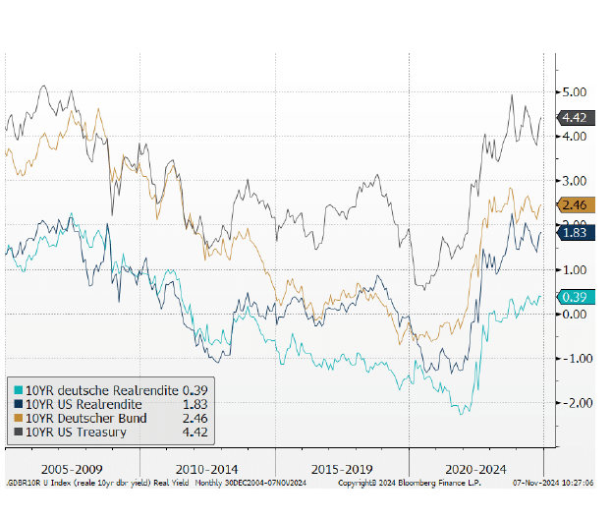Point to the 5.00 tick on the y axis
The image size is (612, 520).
[x=574, y=91]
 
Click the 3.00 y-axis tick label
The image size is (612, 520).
[x=574, y=181]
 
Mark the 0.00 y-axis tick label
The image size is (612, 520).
[x=574, y=315]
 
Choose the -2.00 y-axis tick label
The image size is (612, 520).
[x=572, y=403]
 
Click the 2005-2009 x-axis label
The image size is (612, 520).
[x=71, y=469]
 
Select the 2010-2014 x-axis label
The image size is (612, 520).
[x=206, y=469]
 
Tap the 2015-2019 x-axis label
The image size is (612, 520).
[x=341, y=469]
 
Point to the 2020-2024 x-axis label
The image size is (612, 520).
[x=475, y=469]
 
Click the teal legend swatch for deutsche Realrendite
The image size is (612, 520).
[x=17, y=391]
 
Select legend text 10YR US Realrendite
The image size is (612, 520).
[x=84, y=404]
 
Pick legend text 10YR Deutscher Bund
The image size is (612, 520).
[x=86, y=418]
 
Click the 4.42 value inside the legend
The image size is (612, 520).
[x=195, y=432]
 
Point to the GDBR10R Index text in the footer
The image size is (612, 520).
[x=39, y=484]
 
